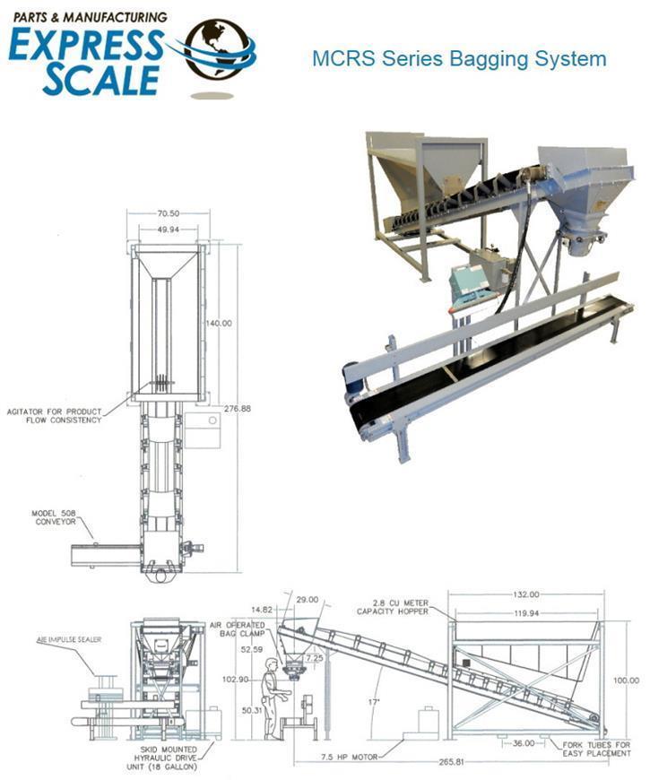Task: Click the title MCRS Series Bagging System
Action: [x=459, y=59]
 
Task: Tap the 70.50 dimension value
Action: [x=168, y=214]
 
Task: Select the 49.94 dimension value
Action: [x=168, y=229]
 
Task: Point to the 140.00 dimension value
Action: [x=219, y=323]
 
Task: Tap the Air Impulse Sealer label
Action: [x=70, y=639]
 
